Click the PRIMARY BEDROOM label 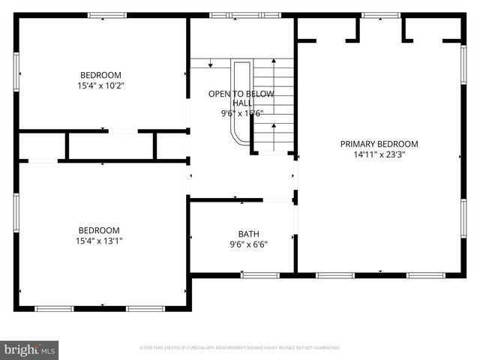pos(379,144)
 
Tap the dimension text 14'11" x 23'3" pos(379,155)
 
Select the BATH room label pos(248,233)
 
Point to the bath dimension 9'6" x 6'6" pos(248,244)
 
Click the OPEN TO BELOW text pos(241,94)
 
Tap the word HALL pos(241,103)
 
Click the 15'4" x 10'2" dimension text pos(100,85)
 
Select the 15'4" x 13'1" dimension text pos(99,241)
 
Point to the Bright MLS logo pos(30,349)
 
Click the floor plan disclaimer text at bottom pos(240,348)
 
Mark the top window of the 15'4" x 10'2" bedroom pos(107,15)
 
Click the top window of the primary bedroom pos(378,15)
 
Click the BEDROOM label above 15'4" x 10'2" pos(100,75)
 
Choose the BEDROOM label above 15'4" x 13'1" pos(99,230)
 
